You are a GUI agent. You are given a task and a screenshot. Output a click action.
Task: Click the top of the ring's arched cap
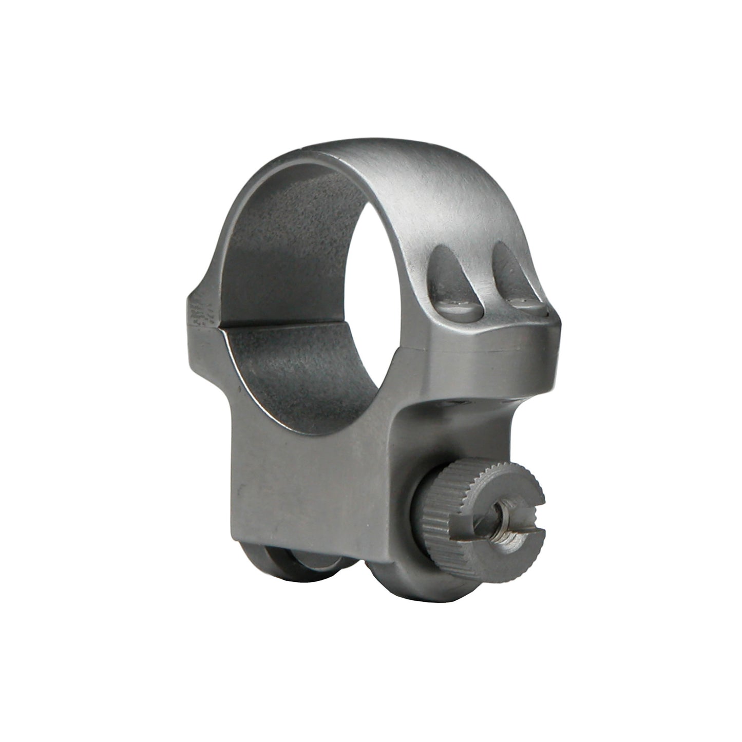pos(390,154)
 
